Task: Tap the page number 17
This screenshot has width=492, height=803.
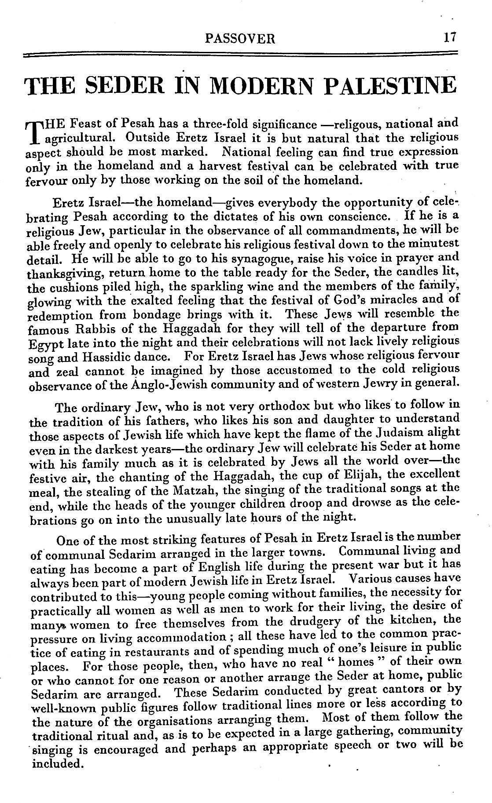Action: [x=450, y=37]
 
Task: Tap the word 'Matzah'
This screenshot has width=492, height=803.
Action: [x=188, y=489]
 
